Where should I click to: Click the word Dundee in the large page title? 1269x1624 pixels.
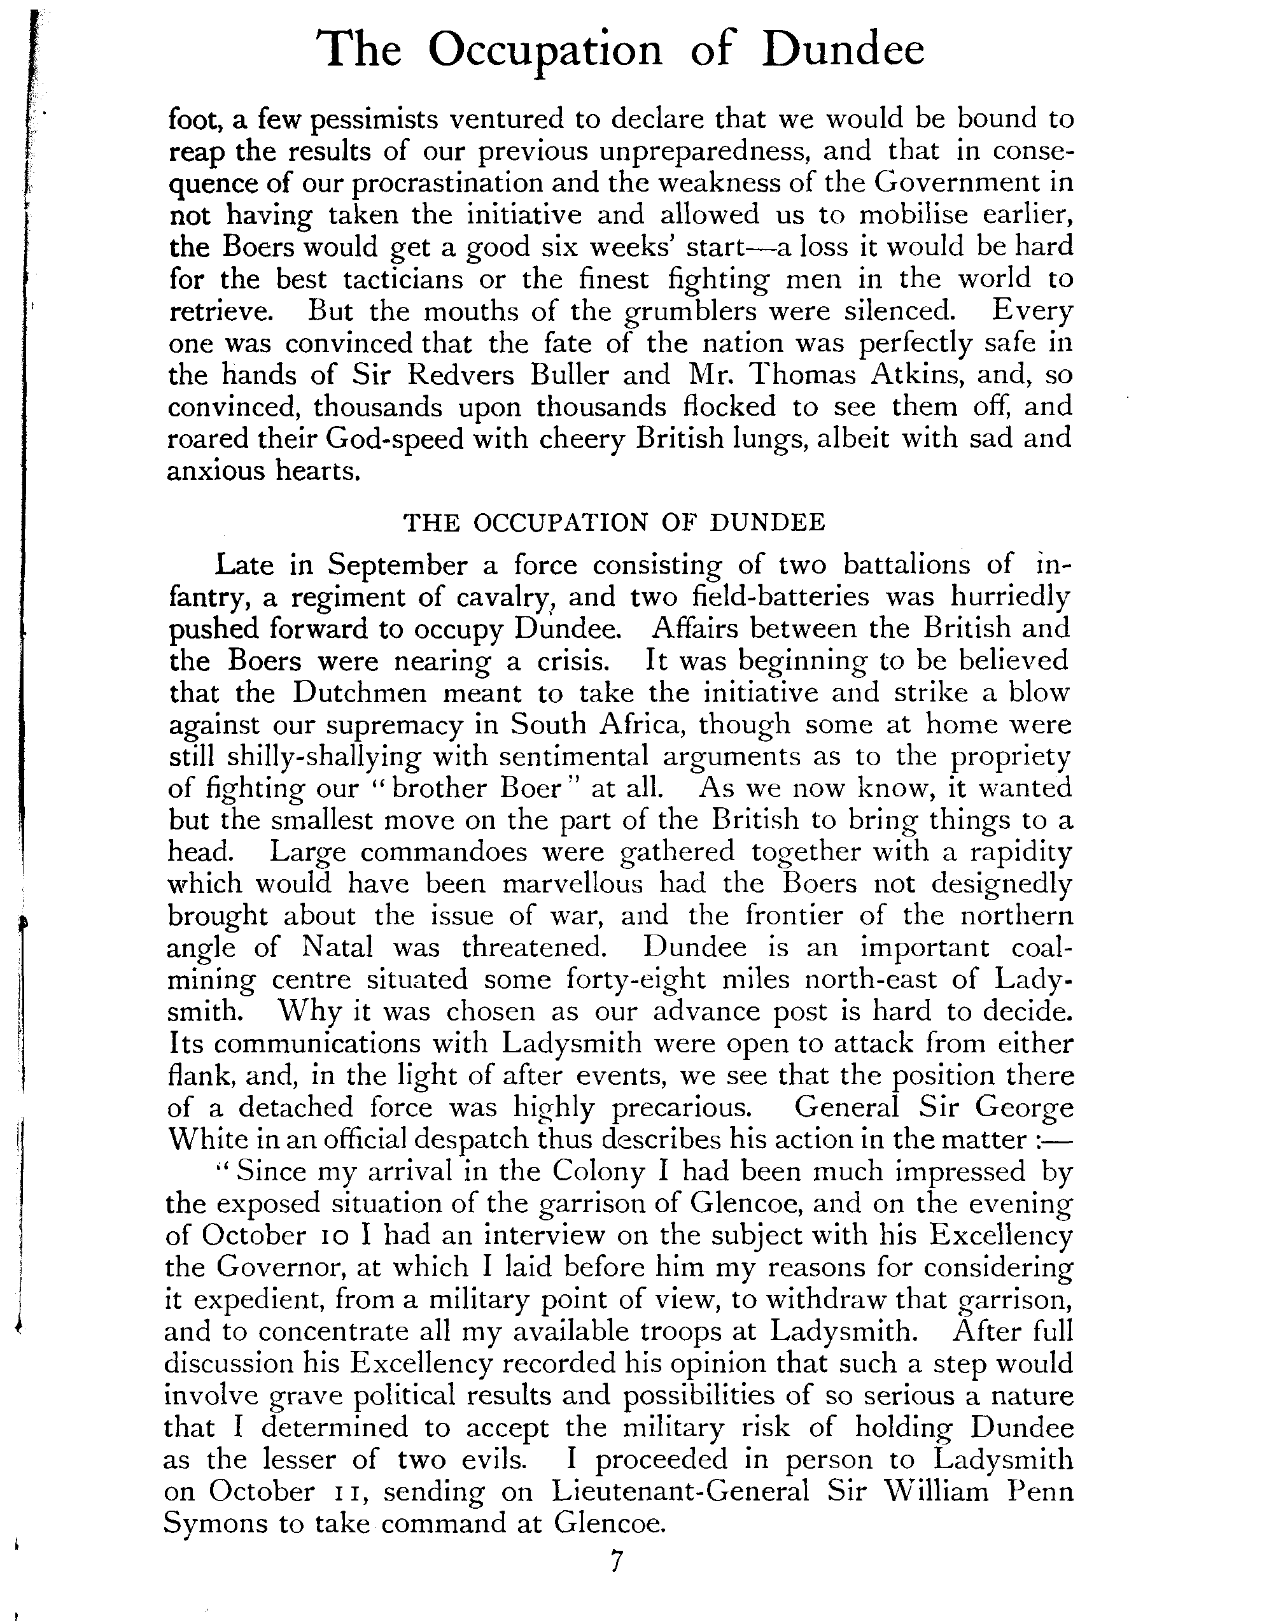click(845, 50)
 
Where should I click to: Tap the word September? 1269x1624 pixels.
click(398, 566)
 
